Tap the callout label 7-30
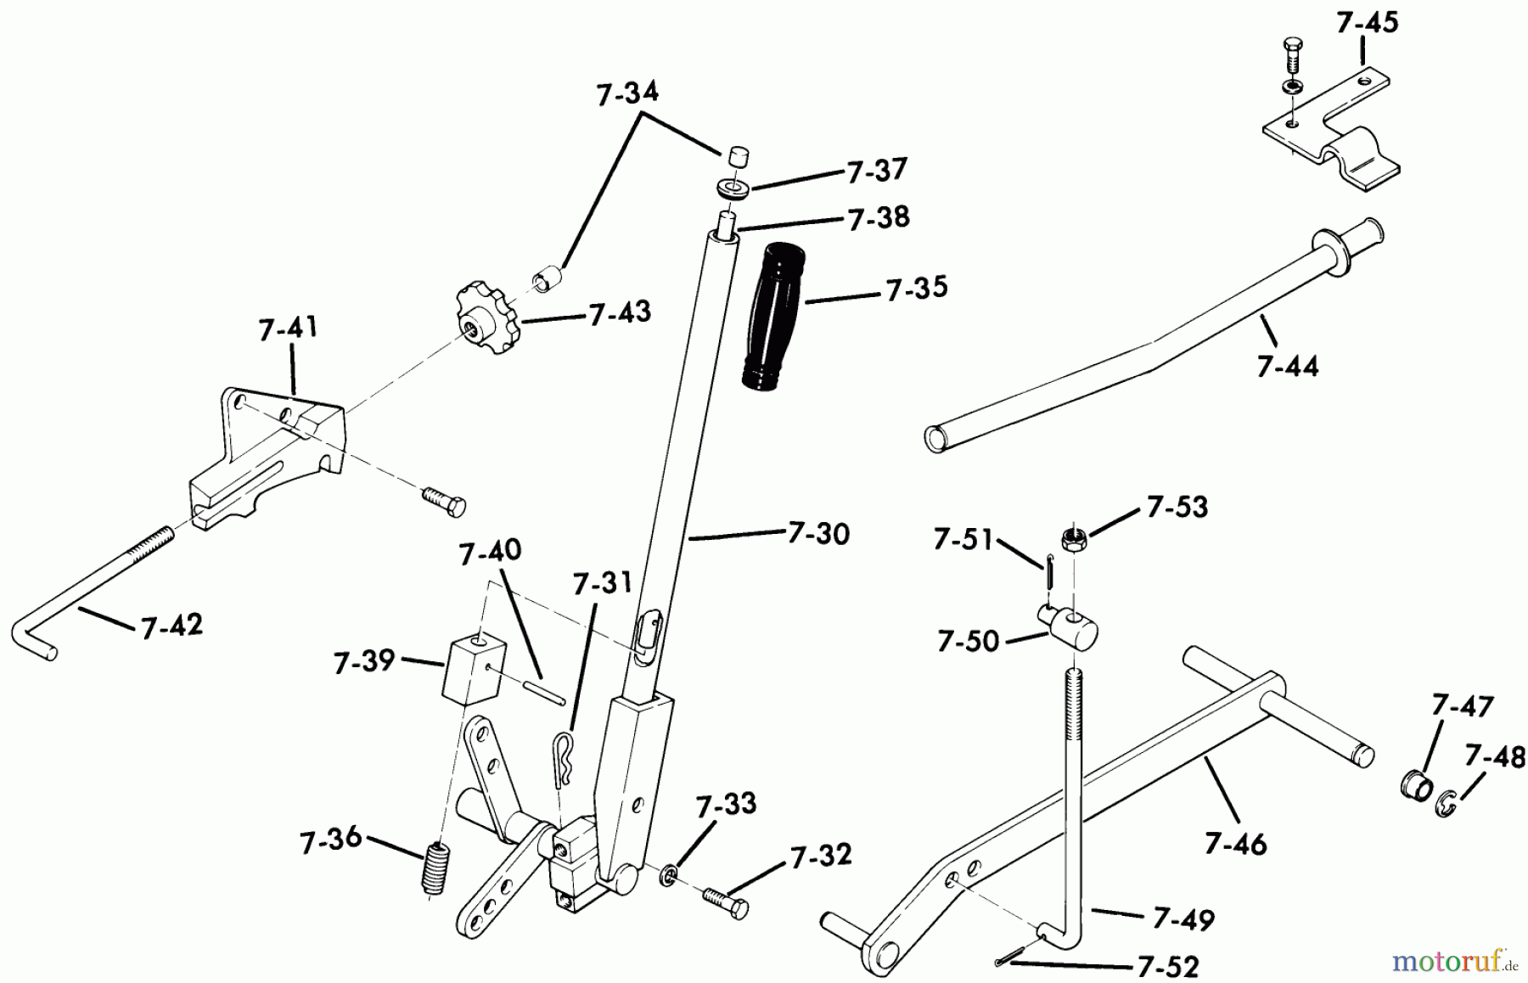[818, 533]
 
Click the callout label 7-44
[1288, 366]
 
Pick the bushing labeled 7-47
[1413, 784]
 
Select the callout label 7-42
[171, 626]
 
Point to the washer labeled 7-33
[669, 874]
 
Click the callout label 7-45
[1367, 23]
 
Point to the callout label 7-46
[1235, 845]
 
